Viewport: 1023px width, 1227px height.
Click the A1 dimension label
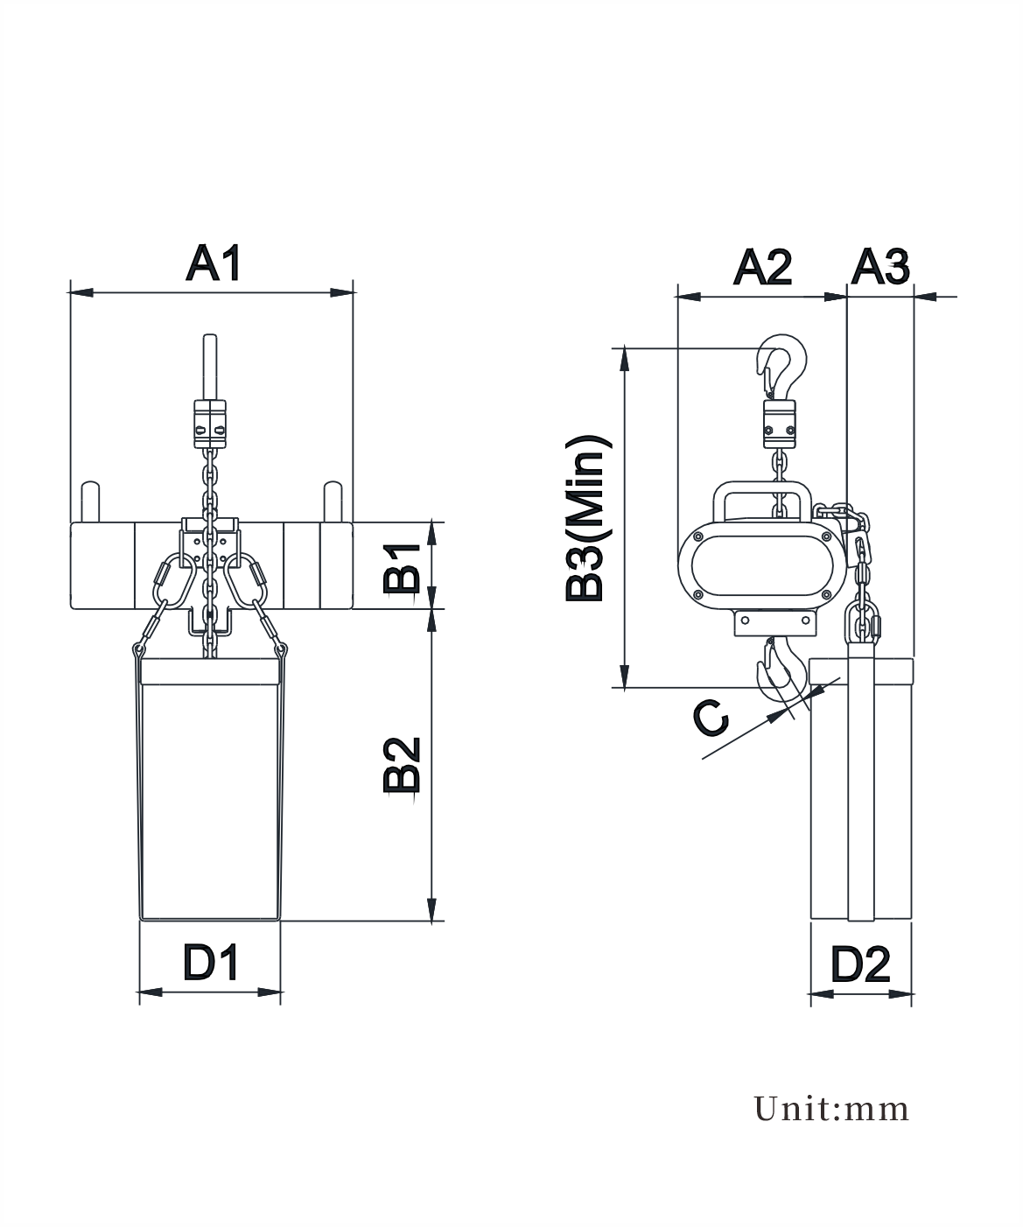214,263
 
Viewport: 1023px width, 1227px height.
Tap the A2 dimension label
763,268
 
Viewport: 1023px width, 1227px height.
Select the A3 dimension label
880,268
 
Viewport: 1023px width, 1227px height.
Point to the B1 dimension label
402,569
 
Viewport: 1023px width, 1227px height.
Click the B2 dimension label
402,765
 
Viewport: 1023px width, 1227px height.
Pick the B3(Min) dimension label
588,519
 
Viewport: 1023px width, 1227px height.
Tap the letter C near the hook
711,718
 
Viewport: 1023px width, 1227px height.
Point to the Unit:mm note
831,1110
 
